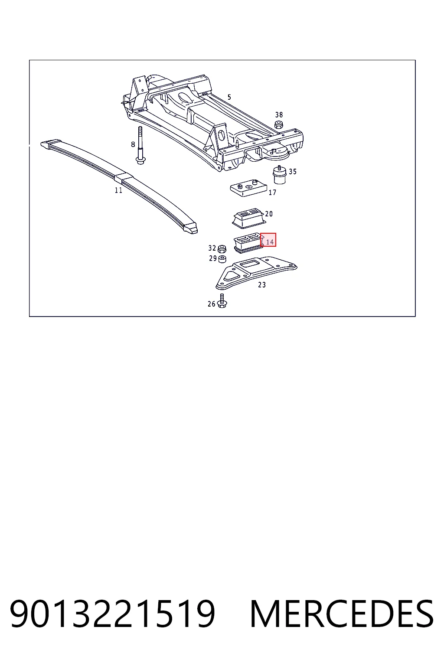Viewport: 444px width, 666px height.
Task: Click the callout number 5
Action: (229, 97)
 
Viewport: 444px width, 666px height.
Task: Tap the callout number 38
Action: (279, 115)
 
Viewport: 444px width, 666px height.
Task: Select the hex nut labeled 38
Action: (279, 124)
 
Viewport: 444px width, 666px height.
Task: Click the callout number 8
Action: (133, 144)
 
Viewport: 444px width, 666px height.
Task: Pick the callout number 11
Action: (118, 190)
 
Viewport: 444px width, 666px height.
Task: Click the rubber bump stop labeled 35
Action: (280, 175)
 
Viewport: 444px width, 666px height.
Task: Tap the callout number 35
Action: (293, 172)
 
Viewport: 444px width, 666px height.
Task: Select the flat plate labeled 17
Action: (248, 188)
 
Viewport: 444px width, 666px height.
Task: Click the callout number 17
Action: (272, 193)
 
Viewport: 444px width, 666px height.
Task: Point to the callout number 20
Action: (269, 214)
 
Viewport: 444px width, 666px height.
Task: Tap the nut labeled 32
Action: (222, 249)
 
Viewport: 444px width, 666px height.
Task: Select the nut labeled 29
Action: (222, 259)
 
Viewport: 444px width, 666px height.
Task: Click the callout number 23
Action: (262, 285)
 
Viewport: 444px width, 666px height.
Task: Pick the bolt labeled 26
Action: (222, 300)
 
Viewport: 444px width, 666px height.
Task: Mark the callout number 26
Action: (212, 304)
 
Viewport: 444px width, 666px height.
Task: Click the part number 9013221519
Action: (112, 614)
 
